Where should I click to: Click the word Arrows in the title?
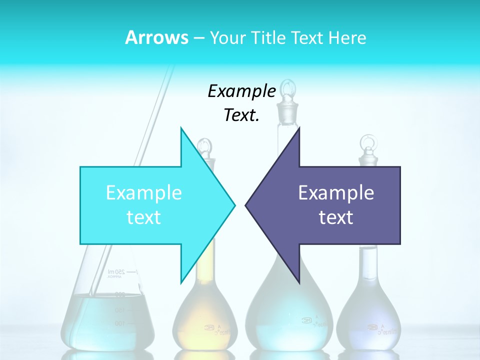pyautogui.click(x=156, y=37)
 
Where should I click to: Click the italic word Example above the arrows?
pyautogui.click(x=241, y=91)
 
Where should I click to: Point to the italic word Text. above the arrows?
pyautogui.click(x=241, y=115)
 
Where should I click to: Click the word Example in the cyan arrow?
pyautogui.click(x=143, y=193)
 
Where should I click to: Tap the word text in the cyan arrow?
pyautogui.click(x=143, y=217)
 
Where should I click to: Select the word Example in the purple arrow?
pyautogui.click(x=336, y=193)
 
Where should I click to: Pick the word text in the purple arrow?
pyautogui.click(x=336, y=217)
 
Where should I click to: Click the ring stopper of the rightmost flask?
pyautogui.click(x=368, y=145)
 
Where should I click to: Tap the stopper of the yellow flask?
pyautogui.click(x=204, y=147)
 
